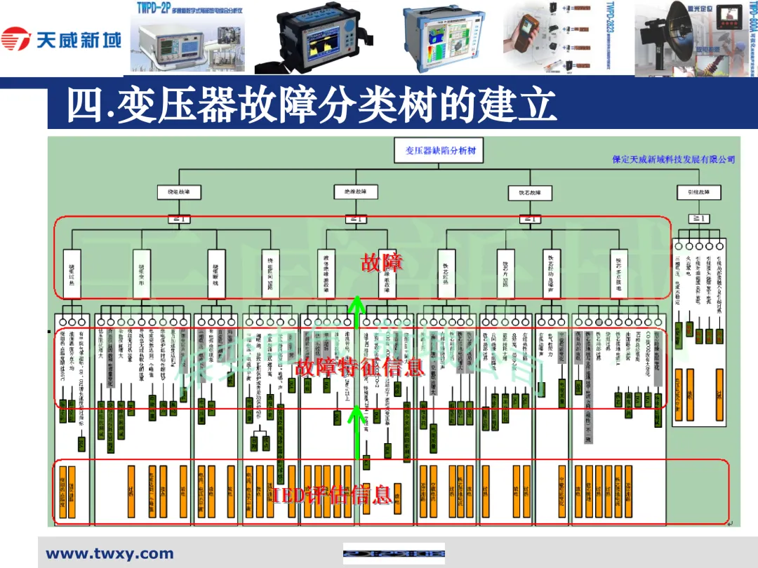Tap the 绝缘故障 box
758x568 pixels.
[x=356, y=191]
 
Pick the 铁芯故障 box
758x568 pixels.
[x=529, y=192]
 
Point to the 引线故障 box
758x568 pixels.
[x=699, y=191]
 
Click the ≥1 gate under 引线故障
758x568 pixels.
[x=699, y=219]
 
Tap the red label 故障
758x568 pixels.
[x=381, y=263]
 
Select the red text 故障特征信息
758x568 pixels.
[x=359, y=367]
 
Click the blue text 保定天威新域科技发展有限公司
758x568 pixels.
[x=673, y=160]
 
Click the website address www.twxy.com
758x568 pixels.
[x=109, y=554]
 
